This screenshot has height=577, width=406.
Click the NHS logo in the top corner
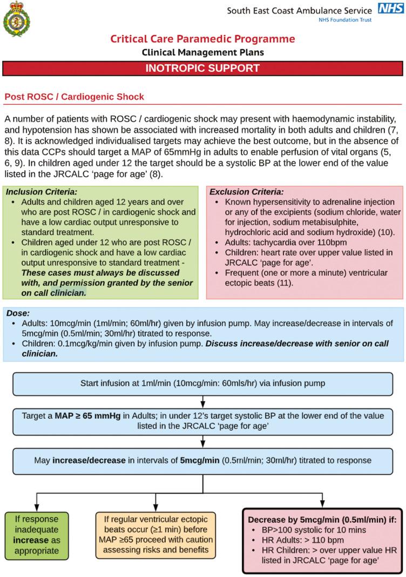pos(390,9)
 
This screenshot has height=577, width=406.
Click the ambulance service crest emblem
pos(16,21)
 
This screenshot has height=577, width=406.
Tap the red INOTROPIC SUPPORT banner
pos(202,69)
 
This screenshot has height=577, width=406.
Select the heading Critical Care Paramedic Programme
pos(202,39)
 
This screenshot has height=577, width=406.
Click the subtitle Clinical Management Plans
pos(202,52)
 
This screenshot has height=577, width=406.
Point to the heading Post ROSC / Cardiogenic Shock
pos(74,97)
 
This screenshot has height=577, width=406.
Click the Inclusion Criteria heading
pos(41,192)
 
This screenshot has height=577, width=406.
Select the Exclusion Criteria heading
pos(246,192)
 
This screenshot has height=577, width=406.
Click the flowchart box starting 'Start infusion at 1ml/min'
pos(202,384)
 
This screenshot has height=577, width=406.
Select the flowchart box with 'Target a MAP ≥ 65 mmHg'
pos(202,421)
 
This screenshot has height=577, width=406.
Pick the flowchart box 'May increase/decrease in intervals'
pos(202,460)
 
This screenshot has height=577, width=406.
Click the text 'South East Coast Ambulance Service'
pos(299,10)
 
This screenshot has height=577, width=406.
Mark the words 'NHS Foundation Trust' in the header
pos(344,21)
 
